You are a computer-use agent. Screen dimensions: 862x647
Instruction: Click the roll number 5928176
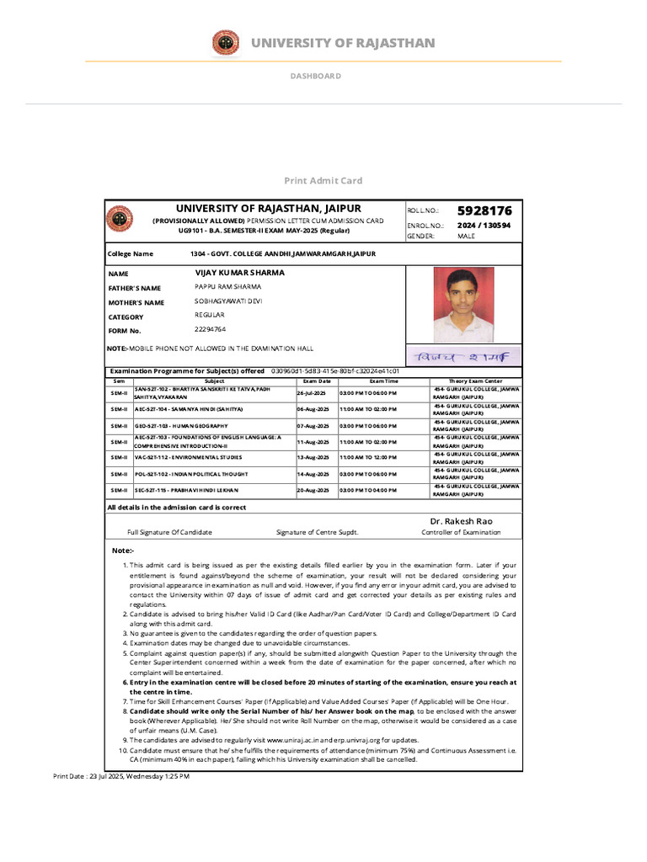(x=484, y=210)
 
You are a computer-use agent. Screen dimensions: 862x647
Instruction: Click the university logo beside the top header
(x=225, y=42)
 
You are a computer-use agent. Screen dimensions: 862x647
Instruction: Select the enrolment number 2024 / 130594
(x=484, y=226)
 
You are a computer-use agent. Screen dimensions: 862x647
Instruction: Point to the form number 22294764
(x=210, y=329)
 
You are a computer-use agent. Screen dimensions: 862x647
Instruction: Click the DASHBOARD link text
(x=316, y=76)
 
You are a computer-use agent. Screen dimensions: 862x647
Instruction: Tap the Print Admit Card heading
(x=323, y=180)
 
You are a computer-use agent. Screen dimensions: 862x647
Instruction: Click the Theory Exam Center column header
(x=475, y=381)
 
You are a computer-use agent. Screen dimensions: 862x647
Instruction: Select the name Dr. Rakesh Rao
(x=460, y=521)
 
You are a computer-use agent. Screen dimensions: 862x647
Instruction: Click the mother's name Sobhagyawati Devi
(x=228, y=301)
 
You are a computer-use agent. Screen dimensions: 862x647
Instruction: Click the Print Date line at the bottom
(x=121, y=776)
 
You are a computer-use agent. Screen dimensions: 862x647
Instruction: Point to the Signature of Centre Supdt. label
(x=317, y=532)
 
